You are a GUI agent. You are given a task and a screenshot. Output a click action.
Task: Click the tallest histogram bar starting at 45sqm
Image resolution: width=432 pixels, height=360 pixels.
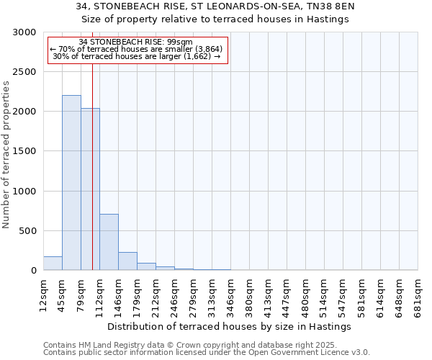pyautogui.click(x=71, y=183)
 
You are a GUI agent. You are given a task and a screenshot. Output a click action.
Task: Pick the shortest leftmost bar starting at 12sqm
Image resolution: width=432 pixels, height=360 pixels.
pyautogui.click(x=53, y=264)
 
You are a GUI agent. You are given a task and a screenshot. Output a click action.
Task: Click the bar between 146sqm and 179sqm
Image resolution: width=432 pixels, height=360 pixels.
pyautogui.click(x=127, y=261)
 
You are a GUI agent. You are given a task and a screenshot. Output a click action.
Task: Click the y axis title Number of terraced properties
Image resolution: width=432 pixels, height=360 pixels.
pyautogui.click(x=6, y=155)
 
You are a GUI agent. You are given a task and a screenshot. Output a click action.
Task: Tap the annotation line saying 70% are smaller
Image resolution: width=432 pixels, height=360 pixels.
pyautogui.click(x=137, y=49)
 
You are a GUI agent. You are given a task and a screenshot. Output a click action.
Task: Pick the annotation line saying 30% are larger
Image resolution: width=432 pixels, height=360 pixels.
pyautogui.click(x=137, y=56)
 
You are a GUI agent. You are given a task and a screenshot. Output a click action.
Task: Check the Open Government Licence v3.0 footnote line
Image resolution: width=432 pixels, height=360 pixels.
pyautogui.click(x=207, y=353)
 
